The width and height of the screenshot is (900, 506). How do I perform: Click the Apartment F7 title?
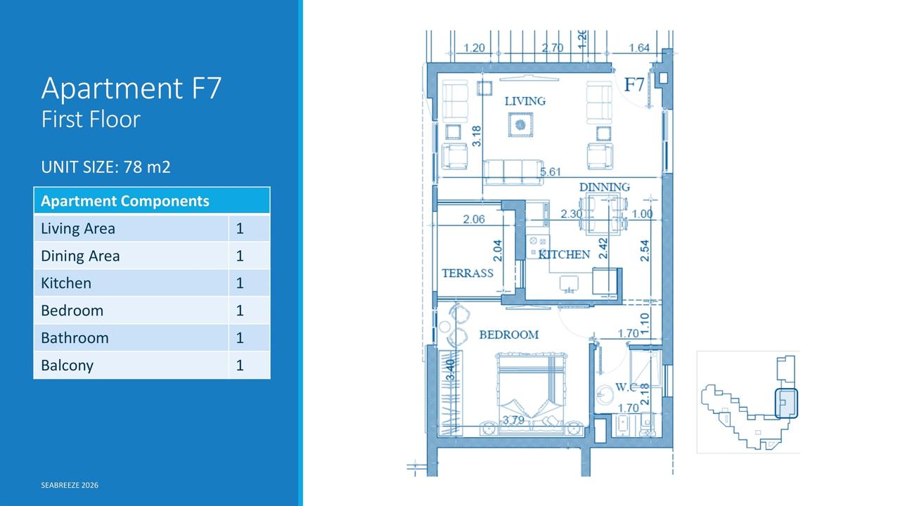point(131,88)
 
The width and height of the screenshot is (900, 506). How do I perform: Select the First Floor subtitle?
point(91,119)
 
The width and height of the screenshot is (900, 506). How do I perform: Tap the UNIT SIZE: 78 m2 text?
point(105,167)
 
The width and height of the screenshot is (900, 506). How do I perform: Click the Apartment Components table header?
point(125,201)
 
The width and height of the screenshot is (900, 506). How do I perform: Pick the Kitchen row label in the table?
point(66,283)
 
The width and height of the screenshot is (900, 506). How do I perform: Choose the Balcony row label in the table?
point(67,365)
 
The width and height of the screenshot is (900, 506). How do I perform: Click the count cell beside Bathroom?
point(240,338)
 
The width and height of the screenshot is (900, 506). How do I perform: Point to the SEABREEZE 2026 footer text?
point(70,485)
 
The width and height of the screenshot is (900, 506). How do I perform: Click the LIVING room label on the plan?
point(525,100)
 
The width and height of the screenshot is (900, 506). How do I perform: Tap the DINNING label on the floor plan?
point(604,187)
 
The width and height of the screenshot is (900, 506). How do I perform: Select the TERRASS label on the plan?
point(468,273)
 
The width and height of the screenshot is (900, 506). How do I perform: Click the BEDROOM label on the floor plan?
point(508,335)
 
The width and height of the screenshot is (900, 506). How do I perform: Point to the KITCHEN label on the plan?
point(564,254)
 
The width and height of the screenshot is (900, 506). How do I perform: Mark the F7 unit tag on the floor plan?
point(634,84)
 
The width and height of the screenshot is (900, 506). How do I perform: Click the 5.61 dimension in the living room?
point(550,172)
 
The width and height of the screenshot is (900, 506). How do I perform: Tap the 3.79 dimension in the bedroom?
point(513,420)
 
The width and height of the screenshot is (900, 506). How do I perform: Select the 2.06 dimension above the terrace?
point(474,219)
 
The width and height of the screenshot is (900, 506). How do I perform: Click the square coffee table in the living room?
point(520,125)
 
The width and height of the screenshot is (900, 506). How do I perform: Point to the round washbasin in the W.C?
point(604,395)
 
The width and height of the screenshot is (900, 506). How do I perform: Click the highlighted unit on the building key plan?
point(786,403)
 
